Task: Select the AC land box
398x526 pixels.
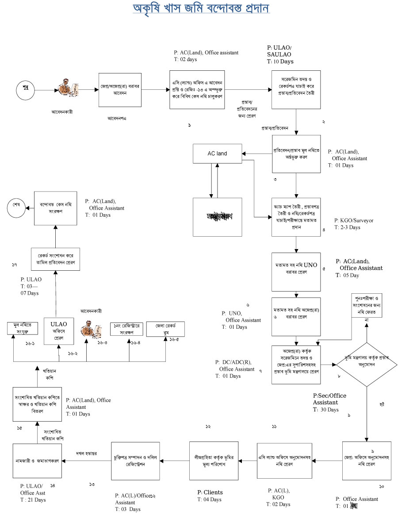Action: click(x=218, y=154)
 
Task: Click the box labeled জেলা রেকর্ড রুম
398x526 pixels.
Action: click(x=165, y=330)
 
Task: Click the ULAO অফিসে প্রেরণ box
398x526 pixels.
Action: click(x=59, y=330)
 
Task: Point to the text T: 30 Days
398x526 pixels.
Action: click(x=325, y=410)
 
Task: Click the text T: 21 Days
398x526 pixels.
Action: click(x=33, y=500)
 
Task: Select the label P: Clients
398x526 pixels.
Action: click(x=210, y=492)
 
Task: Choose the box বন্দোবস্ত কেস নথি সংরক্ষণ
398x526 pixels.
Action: click(x=55, y=208)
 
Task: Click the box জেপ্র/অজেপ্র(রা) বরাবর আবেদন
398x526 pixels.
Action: click(x=120, y=89)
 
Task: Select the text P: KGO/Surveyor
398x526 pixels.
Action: click(x=354, y=221)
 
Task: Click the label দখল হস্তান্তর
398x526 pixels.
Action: click(x=87, y=454)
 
